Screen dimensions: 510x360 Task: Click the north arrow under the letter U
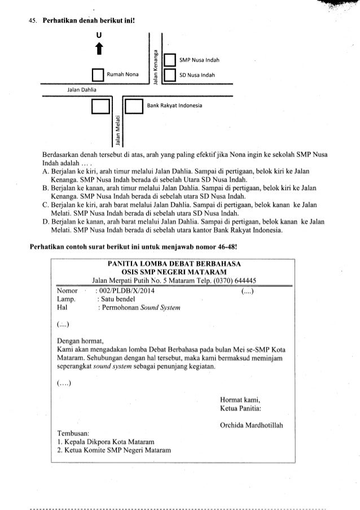pyautogui.click(x=100, y=51)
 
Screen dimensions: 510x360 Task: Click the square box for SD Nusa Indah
pyautogui.click(x=168, y=75)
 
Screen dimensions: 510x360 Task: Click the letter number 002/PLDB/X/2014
pyautogui.click(x=125, y=291)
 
